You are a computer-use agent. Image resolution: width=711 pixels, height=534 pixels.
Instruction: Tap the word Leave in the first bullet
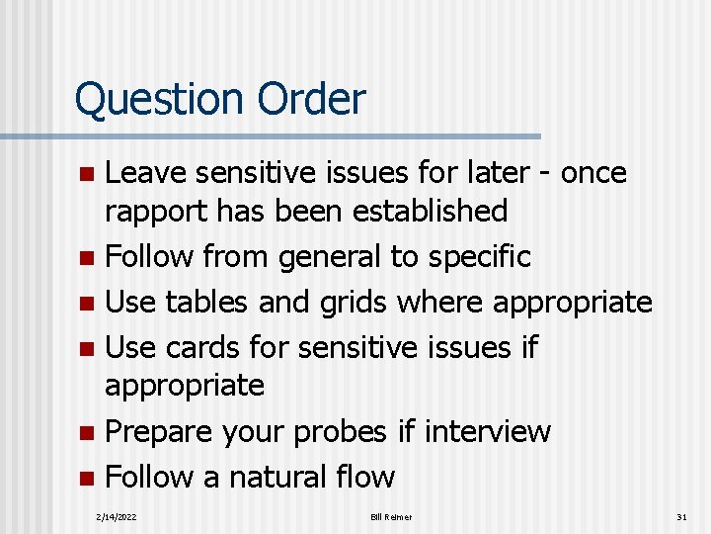point(146,173)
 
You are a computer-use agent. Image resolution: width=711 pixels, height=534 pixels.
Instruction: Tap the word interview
point(486,432)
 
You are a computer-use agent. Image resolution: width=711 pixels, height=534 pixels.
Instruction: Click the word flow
point(366,478)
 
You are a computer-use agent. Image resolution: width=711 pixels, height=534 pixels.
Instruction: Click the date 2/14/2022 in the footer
point(117,517)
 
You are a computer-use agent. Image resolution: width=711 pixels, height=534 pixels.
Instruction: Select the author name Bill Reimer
point(392,517)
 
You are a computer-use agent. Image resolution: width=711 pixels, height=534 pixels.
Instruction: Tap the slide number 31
point(681,517)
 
